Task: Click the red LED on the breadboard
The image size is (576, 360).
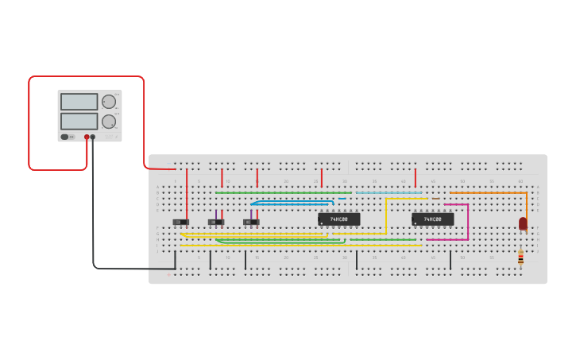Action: click(523, 223)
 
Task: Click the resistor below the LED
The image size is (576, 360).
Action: click(520, 257)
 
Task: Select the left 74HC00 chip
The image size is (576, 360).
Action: click(339, 219)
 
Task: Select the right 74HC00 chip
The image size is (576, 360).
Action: click(433, 219)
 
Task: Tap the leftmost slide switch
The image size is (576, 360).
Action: click(181, 222)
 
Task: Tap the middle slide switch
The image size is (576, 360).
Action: click(216, 222)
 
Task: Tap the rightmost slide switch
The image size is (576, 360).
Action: click(251, 222)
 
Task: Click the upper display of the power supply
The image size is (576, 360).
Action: click(79, 102)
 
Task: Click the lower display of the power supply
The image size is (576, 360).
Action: click(79, 122)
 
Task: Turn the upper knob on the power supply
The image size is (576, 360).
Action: click(109, 101)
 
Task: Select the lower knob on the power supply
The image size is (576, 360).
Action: click(109, 122)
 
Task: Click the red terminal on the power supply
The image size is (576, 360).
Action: click(87, 137)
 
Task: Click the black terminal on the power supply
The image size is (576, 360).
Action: click(93, 137)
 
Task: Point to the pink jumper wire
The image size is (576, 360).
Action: click(468, 223)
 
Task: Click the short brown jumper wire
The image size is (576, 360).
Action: click(435, 199)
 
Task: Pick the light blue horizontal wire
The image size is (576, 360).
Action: click(389, 192)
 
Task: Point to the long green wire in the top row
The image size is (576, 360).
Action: click(282, 192)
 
